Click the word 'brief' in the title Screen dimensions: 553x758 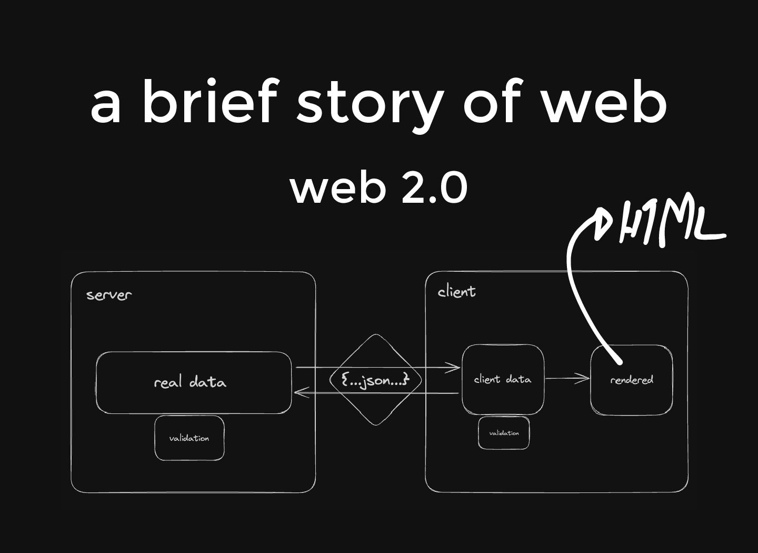tap(209, 100)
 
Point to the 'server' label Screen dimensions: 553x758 tap(108, 294)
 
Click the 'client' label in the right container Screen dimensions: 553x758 tap(456, 292)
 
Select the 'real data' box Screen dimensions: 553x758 tap(193, 382)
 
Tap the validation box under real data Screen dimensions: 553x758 tap(189, 438)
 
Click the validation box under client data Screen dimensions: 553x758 tap(504, 433)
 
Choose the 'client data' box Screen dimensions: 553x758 tap(503, 379)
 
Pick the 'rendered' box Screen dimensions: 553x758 tap(631, 380)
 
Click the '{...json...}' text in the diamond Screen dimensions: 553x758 tap(375, 380)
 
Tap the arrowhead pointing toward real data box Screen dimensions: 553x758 tap(299, 392)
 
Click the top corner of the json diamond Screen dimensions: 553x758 tap(375, 335)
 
